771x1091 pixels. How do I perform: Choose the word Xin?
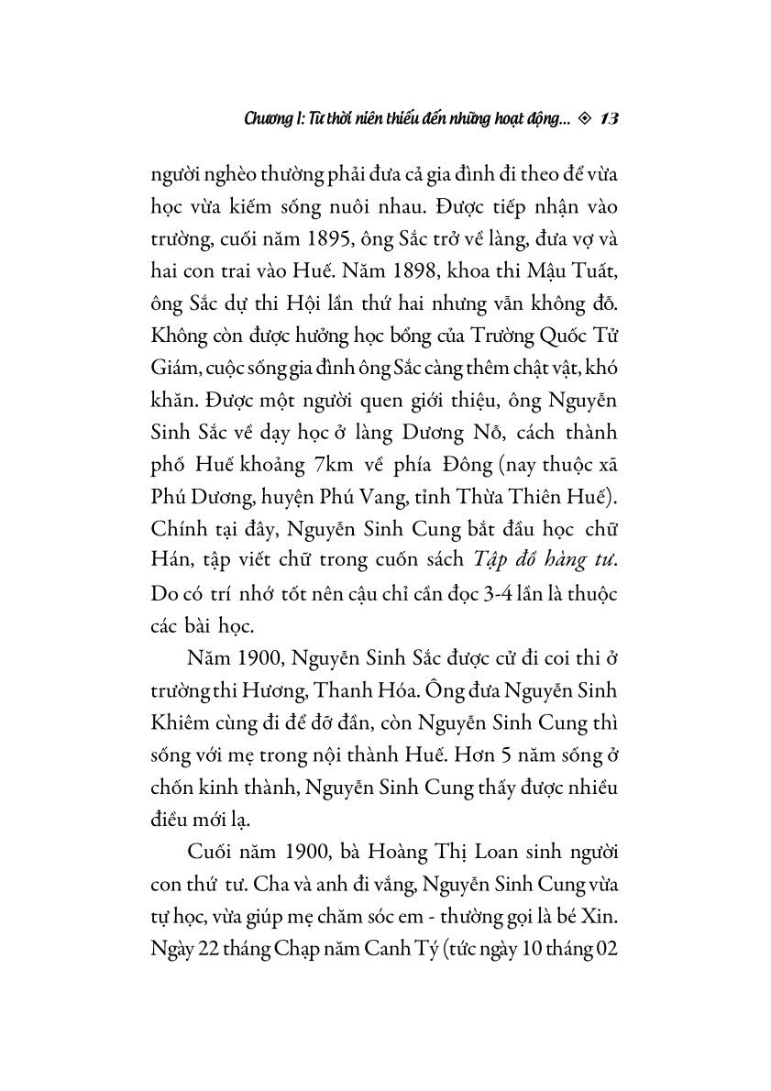(x=601, y=906)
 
